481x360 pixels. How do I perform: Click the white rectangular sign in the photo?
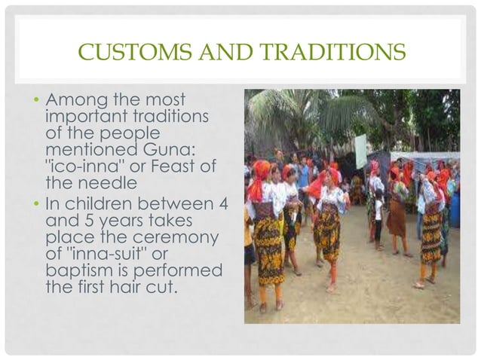361,151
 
